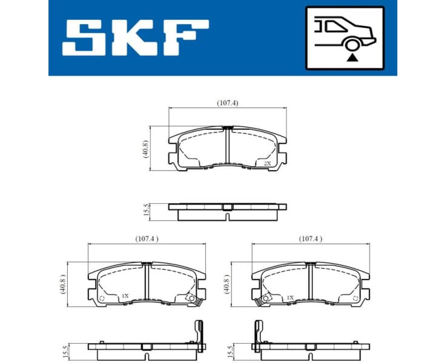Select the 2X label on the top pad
click(267, 163)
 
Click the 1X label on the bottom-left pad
click(125, 296)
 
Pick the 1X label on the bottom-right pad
click(290, 298)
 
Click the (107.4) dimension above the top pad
click(227, 103)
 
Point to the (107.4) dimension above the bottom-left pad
click(147, 238)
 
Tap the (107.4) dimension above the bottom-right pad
click(310, 238)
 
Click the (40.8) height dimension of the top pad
click(145, 149)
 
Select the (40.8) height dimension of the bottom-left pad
click(62, 284)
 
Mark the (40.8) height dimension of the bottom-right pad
click(227, 284)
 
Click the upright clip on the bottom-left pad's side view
click(197, 332)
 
